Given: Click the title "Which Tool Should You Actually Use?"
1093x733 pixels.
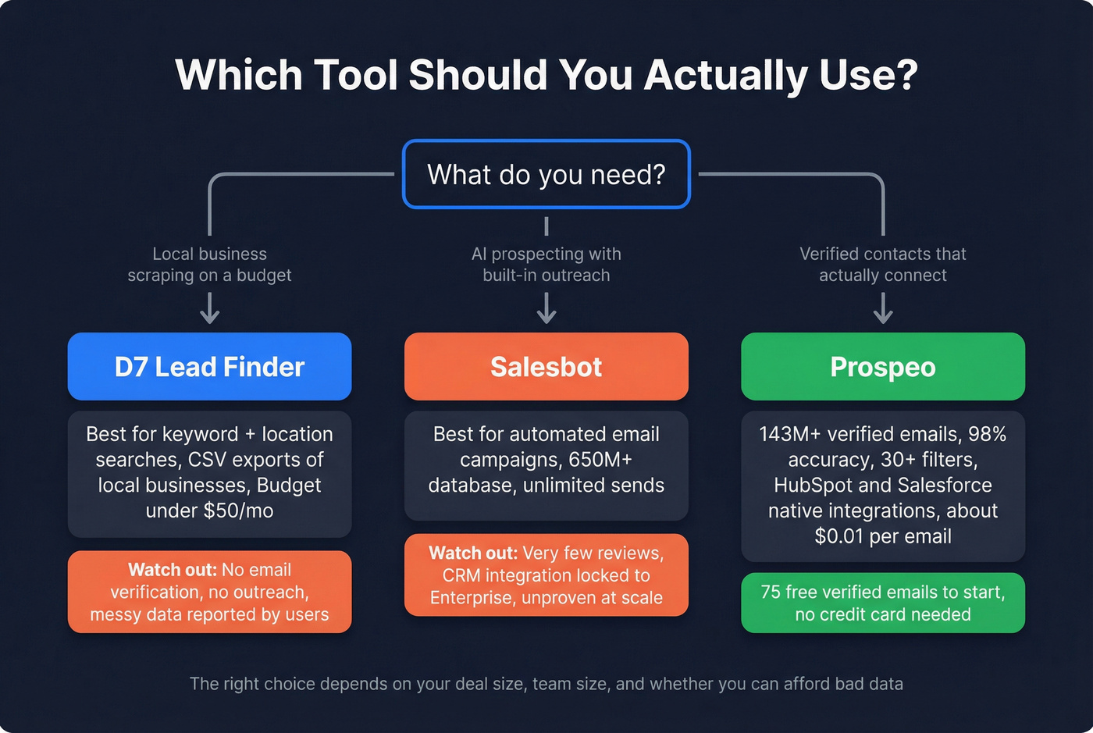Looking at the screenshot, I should click(x=546, y=75).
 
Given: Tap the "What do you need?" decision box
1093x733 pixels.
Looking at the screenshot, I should click(x=546, y=174).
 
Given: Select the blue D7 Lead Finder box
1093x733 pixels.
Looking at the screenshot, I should click(x=209, y=366).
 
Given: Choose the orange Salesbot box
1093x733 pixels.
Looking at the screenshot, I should click(x=546, y=366).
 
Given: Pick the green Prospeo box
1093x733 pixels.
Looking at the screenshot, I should click(x=883, y=366).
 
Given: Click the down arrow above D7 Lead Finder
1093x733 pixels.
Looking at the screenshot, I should click(x=209, y=308).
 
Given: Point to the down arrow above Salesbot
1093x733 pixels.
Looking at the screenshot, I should click(x=546, y=308).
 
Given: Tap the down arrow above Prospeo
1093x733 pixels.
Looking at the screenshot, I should click(x=883, y=308).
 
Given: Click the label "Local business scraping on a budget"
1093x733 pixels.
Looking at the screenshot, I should click(x=209, y=265).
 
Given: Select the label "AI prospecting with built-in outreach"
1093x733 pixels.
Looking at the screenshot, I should click(x=546, y=265).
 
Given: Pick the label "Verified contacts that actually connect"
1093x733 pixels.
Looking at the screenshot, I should click(x=883, y=265).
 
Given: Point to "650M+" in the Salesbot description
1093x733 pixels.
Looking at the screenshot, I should click(x=601, y=460).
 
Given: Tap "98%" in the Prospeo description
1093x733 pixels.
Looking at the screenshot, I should click(x=987, y=434).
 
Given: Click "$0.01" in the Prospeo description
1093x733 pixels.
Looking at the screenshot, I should click(x=840, y=537).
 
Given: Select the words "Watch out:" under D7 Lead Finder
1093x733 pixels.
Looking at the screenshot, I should click(x=173, y=570).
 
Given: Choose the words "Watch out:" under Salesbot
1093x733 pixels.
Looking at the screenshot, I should click(x=473, y=553).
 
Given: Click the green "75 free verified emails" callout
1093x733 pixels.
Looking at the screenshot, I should click(x=883, y=603).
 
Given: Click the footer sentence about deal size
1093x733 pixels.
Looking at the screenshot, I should click(x=546, y=684).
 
